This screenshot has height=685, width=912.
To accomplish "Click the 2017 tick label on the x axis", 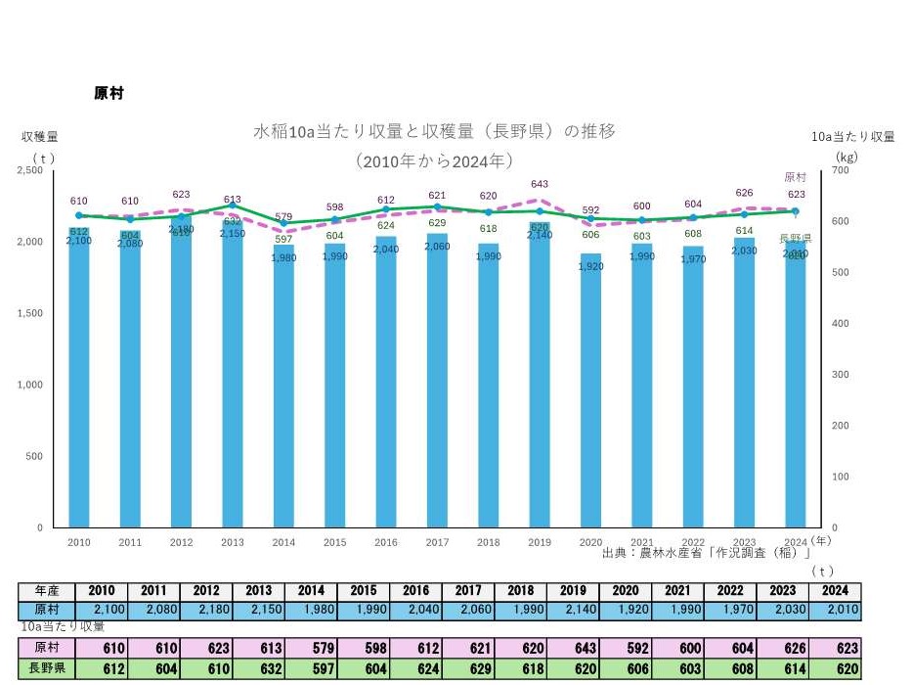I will tap(437, 542).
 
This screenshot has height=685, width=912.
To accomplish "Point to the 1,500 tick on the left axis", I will tap(33, 313).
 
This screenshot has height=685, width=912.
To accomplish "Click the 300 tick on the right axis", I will tap(840, 375).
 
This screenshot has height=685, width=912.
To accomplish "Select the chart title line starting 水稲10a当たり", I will tap(435, 131).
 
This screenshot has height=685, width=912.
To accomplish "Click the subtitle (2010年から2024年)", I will tap(435, 160).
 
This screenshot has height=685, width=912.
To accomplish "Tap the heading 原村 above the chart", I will tap(108, 94).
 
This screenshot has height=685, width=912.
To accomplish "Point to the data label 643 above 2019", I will tap(539, 184).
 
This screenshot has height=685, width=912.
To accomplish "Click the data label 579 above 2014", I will tap(283, 217).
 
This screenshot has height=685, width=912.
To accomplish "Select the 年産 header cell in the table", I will tap(47, 591).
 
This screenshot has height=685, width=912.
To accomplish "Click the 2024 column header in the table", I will tap(834, 591).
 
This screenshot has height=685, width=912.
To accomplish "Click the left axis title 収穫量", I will tap(39, 137).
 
